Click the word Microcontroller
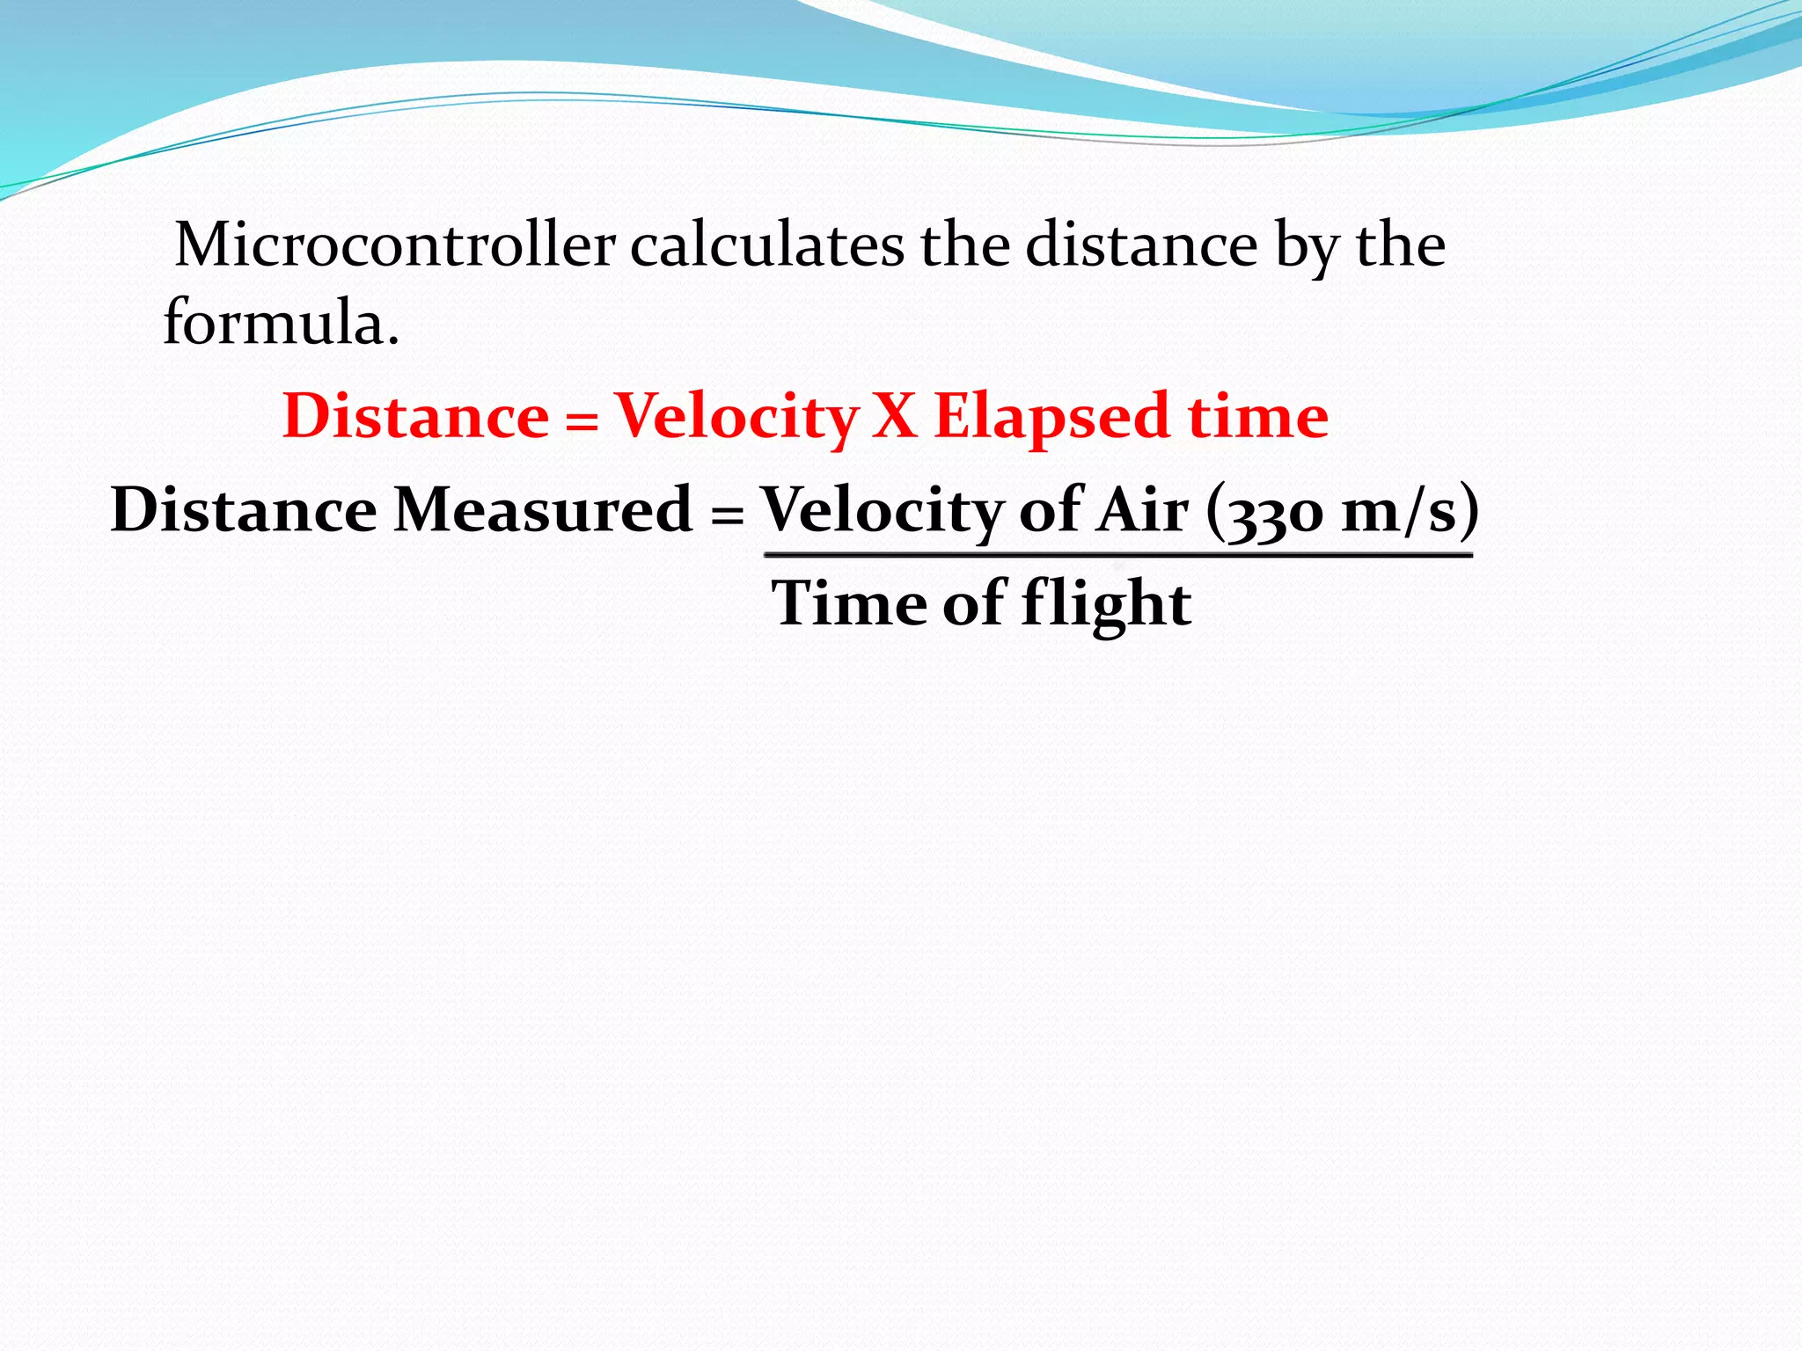395,245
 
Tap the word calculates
766,245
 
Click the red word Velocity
736,417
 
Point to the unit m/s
1398,511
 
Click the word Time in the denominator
849,603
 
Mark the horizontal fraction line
1117,556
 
